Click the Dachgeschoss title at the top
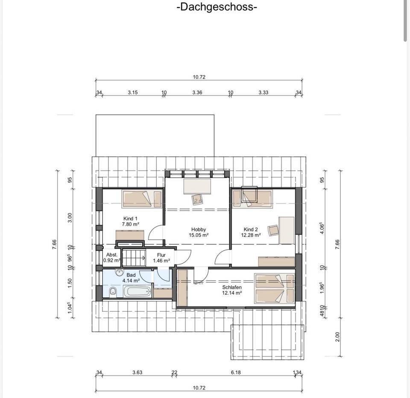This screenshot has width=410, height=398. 217,6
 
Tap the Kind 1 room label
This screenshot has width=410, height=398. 130,219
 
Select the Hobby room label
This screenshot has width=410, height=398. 199,230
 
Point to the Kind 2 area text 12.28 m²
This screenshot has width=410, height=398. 251,235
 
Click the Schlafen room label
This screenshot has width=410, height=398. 231,287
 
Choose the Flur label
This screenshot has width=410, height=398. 161,255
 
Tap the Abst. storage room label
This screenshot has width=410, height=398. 112,255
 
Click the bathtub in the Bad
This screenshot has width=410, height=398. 138,291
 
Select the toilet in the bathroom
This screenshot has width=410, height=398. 113,292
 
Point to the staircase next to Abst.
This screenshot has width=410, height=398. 134,258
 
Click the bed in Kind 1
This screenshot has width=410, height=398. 142,199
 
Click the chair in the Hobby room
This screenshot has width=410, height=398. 197,200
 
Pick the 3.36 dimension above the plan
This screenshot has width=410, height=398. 197,92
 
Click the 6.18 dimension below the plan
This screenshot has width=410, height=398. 236,372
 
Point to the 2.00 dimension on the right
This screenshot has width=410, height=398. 337,337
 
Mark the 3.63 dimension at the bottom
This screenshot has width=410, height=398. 137,372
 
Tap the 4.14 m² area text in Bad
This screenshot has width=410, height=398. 131,281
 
